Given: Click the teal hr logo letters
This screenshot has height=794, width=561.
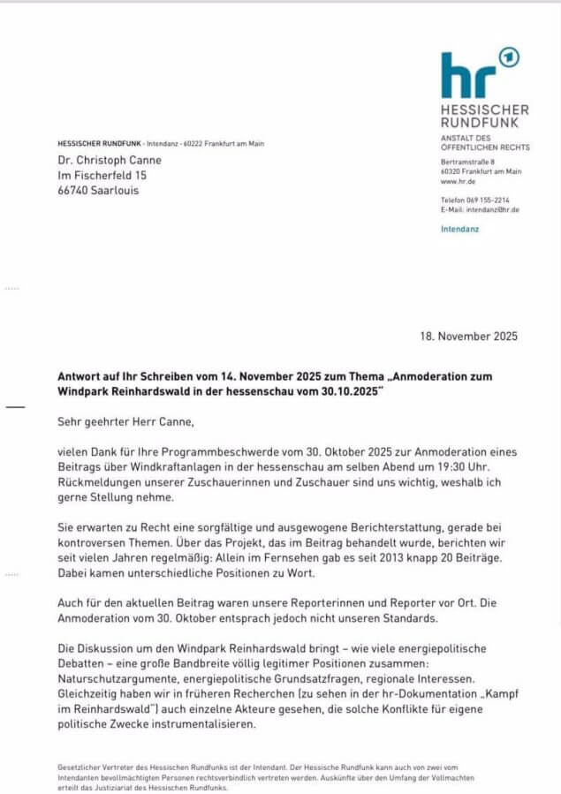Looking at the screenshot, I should (x=468, y=75).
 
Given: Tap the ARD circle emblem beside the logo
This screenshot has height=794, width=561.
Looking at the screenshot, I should (x=509, y=58).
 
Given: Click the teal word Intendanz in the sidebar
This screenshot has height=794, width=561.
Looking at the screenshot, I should (x=461, y=230).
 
